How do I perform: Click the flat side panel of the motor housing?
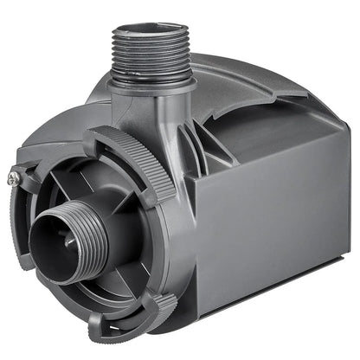click(277, 225)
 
